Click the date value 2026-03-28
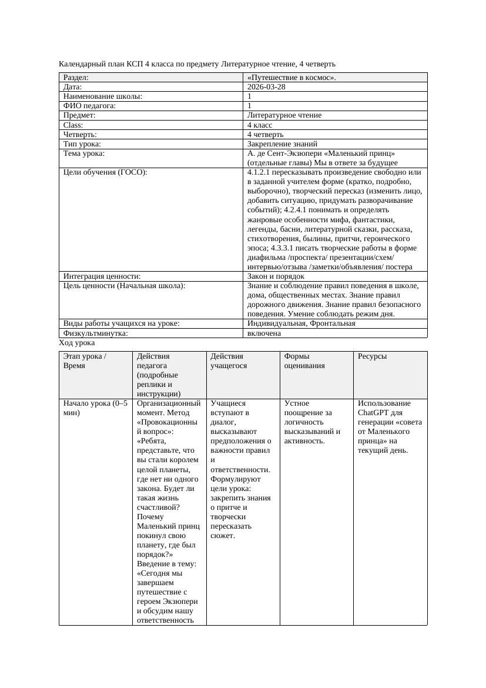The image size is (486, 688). (267, 87)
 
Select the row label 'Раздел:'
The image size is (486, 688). (76, 78)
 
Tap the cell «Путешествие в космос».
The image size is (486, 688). (292, 78)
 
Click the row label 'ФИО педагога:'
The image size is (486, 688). (89, 106)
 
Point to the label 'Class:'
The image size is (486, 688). (73, 125)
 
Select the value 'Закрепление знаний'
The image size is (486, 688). (282, 144)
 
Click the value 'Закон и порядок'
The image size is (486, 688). (276, 276)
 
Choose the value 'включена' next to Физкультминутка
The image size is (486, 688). (264, 333)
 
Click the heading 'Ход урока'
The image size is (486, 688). (77, 343)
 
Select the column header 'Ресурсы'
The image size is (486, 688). (372, 356)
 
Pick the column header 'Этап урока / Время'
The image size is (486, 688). (85, 361)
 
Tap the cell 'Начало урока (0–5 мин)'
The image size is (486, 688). (95, 408)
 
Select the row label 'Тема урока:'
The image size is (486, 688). (84, 153)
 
